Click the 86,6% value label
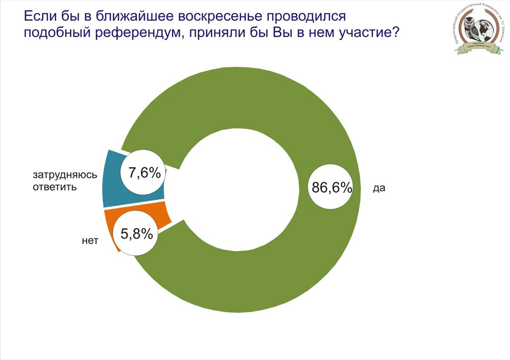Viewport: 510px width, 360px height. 332,188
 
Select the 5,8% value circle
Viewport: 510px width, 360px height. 136,234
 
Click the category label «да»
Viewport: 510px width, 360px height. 379,188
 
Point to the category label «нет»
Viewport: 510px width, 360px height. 89,239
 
